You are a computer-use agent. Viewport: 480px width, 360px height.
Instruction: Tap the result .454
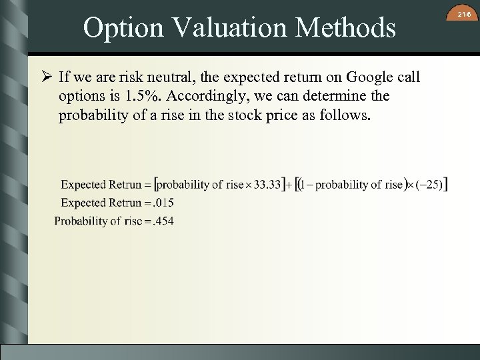tap(163, 221)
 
